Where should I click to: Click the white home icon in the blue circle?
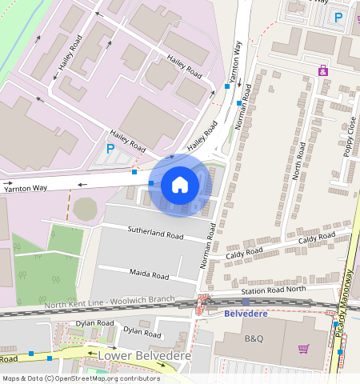click(180, 186)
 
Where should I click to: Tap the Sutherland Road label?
click(156, 233)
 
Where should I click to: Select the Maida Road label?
click(149, 274)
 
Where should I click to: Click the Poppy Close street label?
click(350, 138)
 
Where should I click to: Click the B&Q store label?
click(254, 338)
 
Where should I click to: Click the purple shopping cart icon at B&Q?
click(303, 348)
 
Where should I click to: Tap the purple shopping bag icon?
click(323, 72)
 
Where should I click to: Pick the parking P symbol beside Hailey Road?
click(110, 148)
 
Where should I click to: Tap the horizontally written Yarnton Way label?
click(25, 188)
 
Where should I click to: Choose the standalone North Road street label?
click(301, 161)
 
